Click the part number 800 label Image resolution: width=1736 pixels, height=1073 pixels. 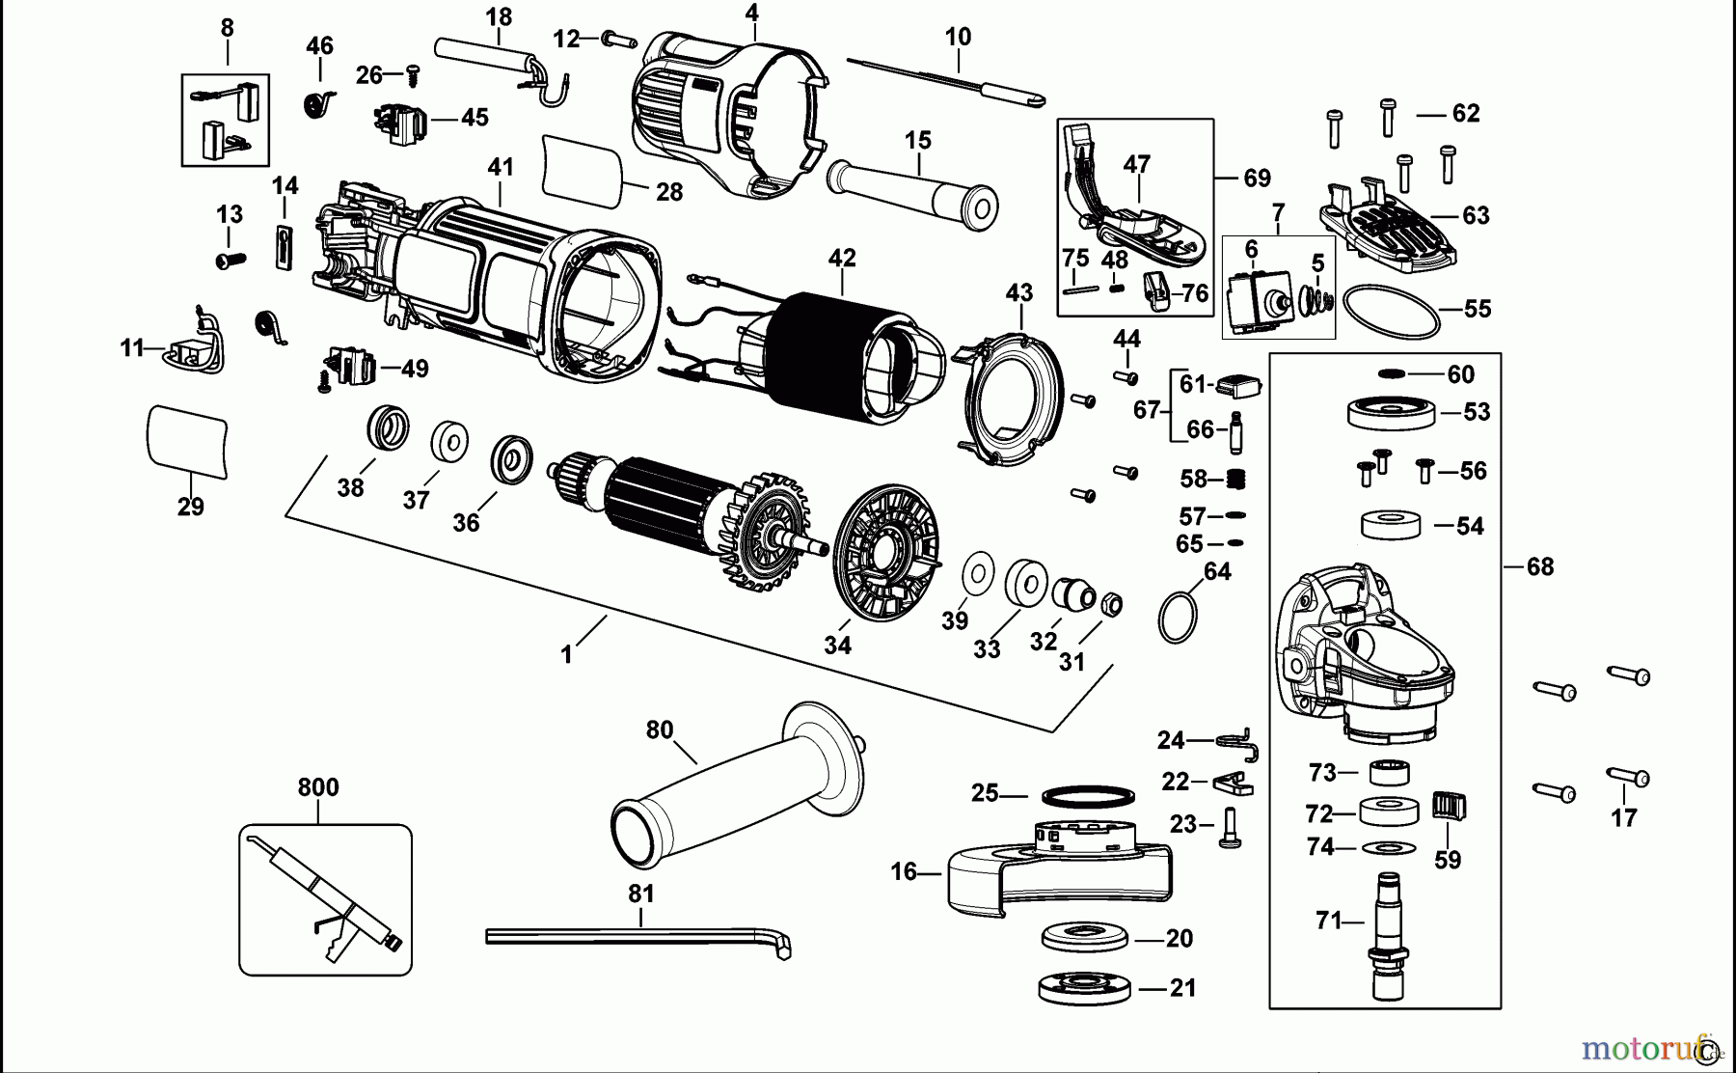[x=318, y=787]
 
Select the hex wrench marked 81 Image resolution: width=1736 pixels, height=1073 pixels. [x=637, y=937]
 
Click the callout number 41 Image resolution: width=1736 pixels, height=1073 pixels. [x=501, y=167]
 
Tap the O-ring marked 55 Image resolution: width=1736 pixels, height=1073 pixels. [x=1387, y=310]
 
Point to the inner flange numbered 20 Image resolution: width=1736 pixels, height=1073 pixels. [x=1085, y=937]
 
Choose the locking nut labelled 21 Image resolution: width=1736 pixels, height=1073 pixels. [x=1085, y=988]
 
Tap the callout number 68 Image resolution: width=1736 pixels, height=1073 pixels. [x=1539, y=567]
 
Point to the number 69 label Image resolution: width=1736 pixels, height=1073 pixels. [x=1257, y=179]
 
